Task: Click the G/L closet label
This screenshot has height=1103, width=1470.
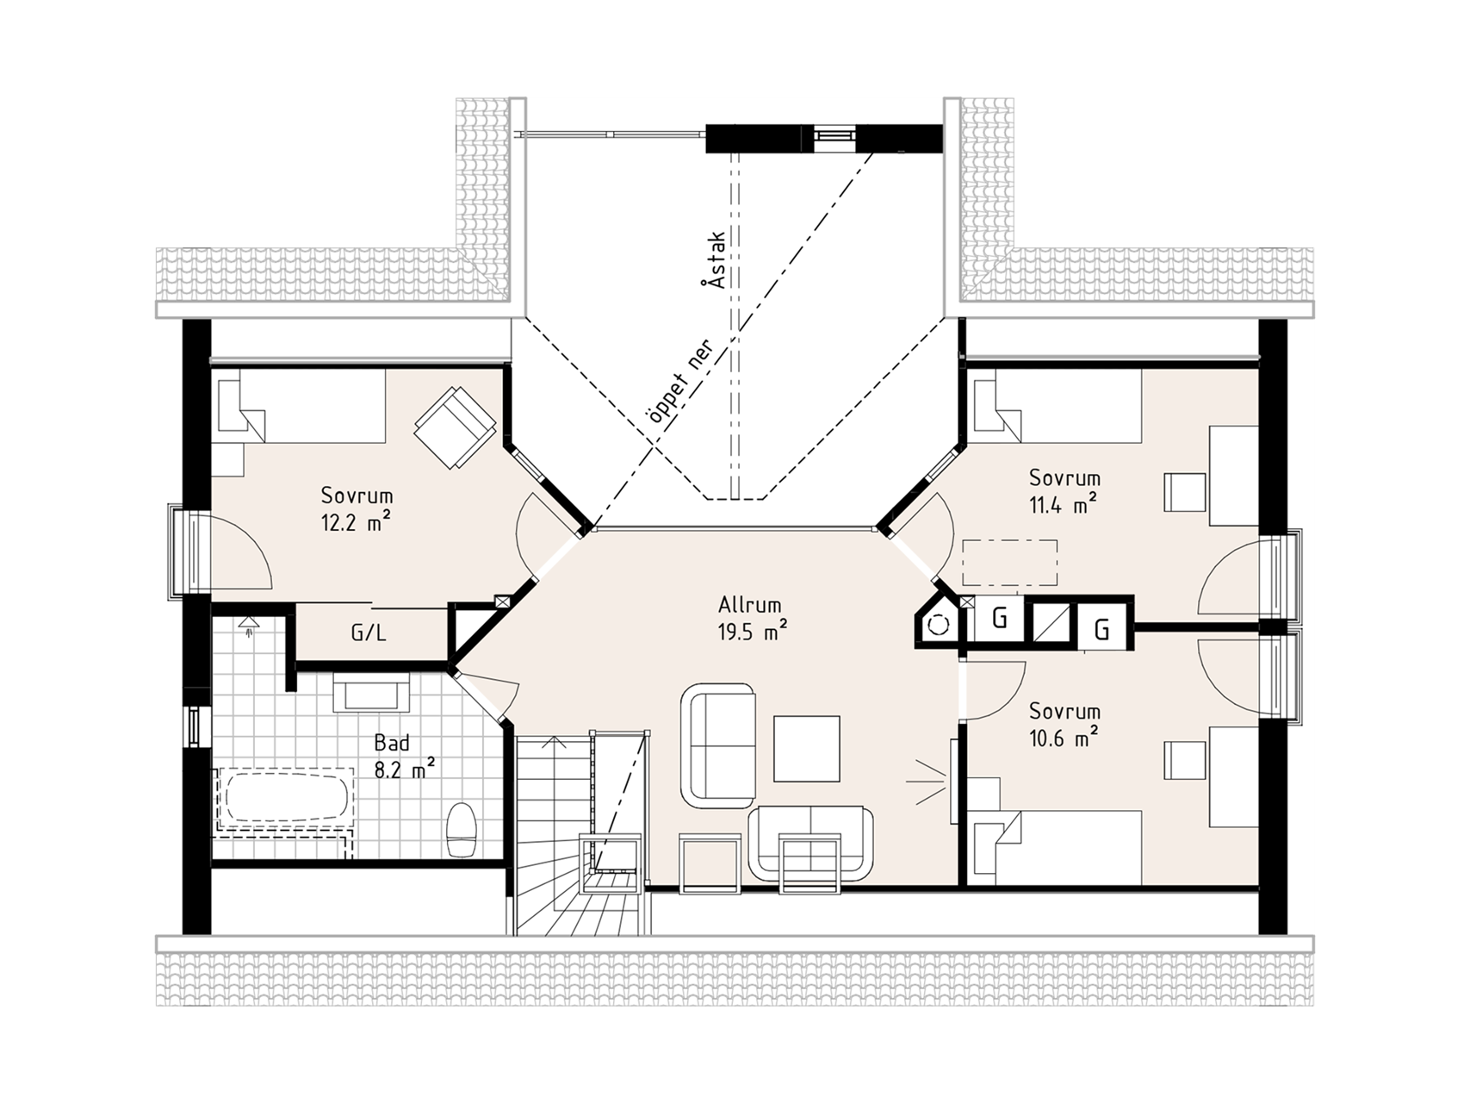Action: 369,633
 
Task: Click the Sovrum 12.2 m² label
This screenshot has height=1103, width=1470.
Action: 357,508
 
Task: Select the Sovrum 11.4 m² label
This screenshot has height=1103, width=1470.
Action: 1064,490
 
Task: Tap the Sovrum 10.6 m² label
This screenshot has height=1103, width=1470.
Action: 1064,725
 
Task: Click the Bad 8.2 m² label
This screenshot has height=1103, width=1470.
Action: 403,756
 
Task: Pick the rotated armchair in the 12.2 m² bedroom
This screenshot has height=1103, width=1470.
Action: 455,427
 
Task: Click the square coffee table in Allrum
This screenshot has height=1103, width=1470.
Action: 806,748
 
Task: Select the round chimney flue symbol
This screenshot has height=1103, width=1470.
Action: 939,624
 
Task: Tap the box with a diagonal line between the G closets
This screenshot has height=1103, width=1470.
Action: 1052,622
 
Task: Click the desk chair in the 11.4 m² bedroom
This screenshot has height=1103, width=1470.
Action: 1182,492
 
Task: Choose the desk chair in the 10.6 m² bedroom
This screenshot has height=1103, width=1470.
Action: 1182,761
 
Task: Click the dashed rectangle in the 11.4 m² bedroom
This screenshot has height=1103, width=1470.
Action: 1010,563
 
